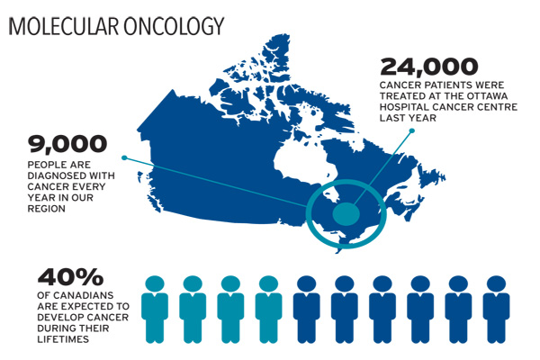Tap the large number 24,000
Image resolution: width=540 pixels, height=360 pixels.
[x=428, y=67]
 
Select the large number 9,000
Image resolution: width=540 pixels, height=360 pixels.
[x=67, y=144]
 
